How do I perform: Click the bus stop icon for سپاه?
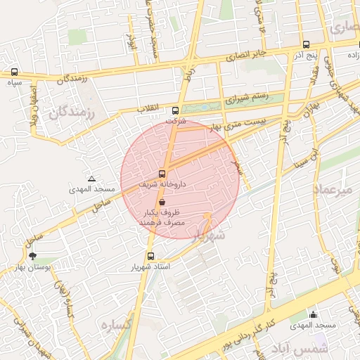pyautogui.click(x=15, y=72)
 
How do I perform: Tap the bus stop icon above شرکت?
pyautogui.click(x=175, y=110)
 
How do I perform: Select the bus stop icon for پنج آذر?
pyautogui.click(x=306, y=44)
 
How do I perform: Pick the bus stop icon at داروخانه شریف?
pyautogui.click(x=162, y=174)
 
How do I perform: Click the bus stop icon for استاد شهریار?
pyautogui.click(x=150, y=257)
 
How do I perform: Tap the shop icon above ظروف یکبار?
pyautogui.click(x=162, y=202)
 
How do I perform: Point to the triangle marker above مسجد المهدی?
pyautogui.click(x=91, y=179)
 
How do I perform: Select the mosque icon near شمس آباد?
pyautogui.click(x=313, y=314)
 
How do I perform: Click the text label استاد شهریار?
pyautogui.click(x=148, y=268)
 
